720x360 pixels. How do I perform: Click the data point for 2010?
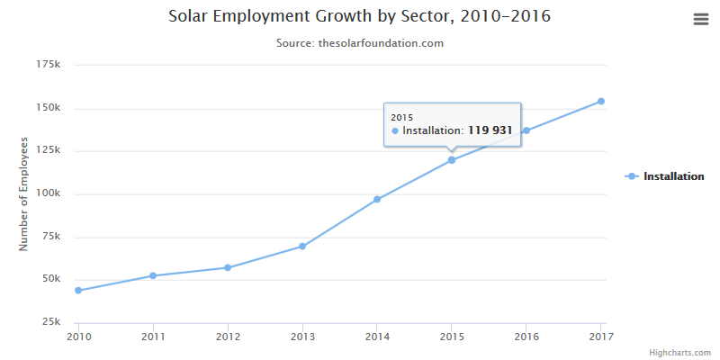(78, 291)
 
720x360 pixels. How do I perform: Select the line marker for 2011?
(153, 275)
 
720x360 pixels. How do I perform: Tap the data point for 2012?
(228, 267)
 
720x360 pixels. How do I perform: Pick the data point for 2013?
(302, 246)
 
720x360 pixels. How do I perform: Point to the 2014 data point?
(377, 199)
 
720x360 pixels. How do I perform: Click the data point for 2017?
(600, 101)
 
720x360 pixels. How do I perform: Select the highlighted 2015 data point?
(452, 160)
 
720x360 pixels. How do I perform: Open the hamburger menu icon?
(701, 19)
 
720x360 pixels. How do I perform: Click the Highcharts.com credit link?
(680, 353)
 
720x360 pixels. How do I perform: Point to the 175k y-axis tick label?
(48, 65)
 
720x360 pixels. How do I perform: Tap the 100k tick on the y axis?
(48, 193)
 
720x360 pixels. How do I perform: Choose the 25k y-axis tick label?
(50, 322)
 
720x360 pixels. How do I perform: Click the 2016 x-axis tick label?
(526, 337)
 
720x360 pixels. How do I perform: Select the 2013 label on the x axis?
(302, 337)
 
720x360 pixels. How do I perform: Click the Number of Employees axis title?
(25, 193)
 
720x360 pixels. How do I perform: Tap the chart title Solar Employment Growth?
(360, 17)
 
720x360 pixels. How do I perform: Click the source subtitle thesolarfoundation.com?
(360, 43)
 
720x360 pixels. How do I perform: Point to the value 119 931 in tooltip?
(490, 130)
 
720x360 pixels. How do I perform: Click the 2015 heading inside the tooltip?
(401, 117)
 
